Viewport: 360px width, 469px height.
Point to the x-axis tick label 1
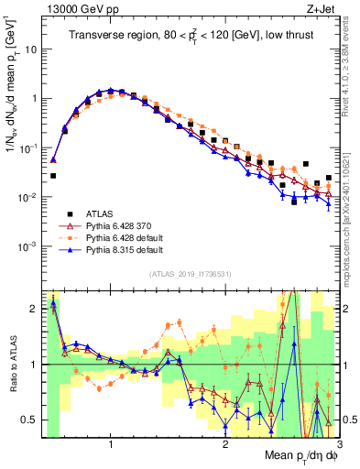point(111,445)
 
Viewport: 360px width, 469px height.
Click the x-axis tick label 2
point(225,445)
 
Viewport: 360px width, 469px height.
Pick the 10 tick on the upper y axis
point(29,49)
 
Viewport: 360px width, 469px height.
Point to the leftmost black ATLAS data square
point(53,175)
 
